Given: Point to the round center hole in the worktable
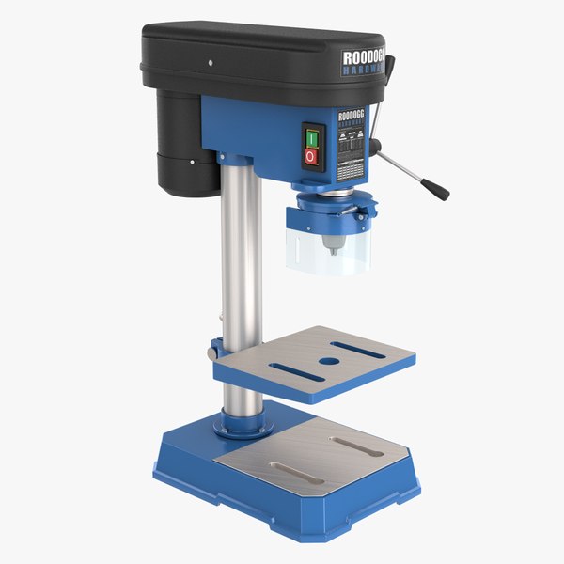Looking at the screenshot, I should coord(328,361).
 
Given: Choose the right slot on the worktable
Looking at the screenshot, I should coord(357,351).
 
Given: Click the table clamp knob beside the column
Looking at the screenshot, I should coord(215,350).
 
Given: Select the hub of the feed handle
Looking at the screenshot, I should coord(374,147).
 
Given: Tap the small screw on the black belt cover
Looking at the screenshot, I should coord(211,63).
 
